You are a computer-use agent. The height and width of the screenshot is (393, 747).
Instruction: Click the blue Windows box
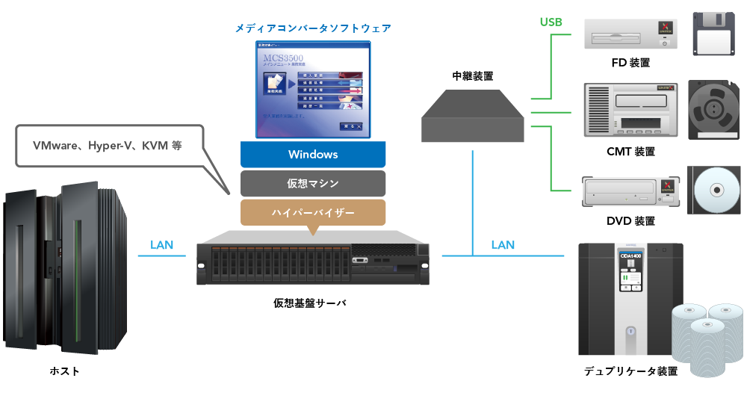tap(313, 155)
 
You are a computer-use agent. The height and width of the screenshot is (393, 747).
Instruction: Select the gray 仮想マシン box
tap(313, 183)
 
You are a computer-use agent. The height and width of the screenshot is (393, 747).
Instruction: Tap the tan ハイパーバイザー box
tap(313, 212)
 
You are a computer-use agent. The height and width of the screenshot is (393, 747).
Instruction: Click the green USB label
tap(551, 22)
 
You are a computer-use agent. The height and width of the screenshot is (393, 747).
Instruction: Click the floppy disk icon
tap(716, 34)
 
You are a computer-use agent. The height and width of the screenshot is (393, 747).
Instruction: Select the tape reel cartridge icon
tap(714, 111)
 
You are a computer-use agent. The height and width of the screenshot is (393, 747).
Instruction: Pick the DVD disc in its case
tap(715, 191)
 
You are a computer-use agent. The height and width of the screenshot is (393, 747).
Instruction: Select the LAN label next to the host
tap(162, 244)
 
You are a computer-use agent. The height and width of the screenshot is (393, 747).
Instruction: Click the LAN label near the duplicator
tap(503, 244)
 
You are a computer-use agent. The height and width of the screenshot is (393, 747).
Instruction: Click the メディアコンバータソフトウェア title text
tap(313, 28)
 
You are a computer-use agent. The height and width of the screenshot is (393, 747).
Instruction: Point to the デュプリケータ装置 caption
tap(630, 371)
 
